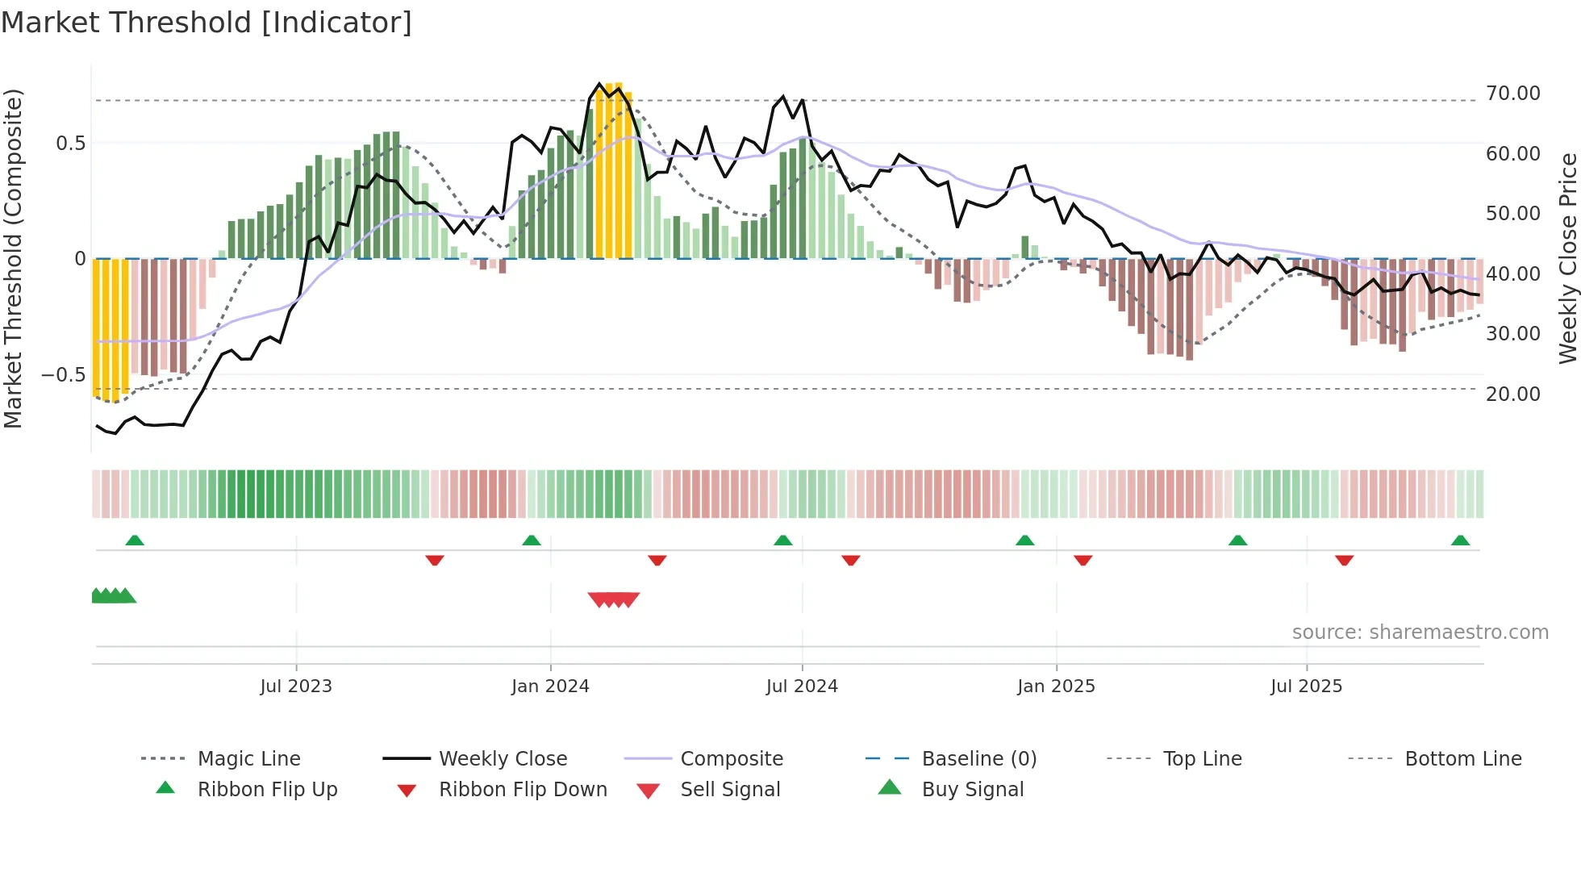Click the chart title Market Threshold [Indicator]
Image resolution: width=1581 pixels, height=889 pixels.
click(206, 23)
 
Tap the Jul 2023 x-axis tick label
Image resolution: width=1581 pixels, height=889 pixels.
click(296, 687)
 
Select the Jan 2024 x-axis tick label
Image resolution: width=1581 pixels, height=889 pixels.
click(550, 687)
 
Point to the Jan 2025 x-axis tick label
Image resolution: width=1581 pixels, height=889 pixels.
click(1056, 687)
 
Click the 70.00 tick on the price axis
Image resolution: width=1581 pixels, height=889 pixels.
click(1513, 94)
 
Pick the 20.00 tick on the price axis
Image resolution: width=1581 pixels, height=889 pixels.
click(1513, 394)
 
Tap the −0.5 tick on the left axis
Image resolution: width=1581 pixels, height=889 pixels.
click(63, 375)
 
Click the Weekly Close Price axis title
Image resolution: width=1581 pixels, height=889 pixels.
click(1567, 258)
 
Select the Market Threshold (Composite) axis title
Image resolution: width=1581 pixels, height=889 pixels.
click(14, 258)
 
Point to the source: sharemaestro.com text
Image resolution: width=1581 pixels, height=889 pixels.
click(1420, 632)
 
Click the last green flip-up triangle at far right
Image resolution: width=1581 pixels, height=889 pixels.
click(1460, 540)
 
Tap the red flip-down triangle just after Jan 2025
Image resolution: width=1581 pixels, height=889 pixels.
click(1083, 560)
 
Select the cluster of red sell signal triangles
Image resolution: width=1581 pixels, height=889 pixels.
click(614, 599)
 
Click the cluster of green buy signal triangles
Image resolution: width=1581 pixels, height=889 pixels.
click(113, 596)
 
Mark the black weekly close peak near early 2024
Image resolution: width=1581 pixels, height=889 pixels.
click(599, 84)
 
